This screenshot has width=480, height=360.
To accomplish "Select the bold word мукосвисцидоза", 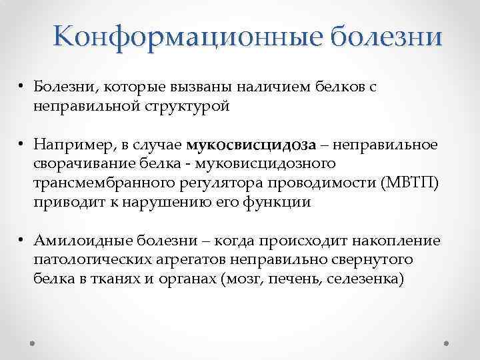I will pos(243,145).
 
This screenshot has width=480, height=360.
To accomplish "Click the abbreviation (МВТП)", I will pos(407,183).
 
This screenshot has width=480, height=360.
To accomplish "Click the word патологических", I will pos(98,260).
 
